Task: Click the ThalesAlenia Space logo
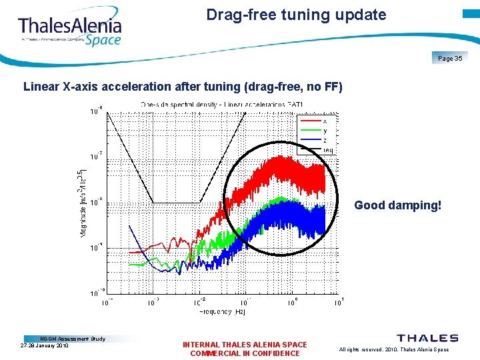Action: [70, 30]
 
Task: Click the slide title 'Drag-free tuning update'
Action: [296, 15]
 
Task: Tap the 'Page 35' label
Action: [450, 59]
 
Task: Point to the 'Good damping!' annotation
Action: [397, 205]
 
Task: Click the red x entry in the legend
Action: [317, 121]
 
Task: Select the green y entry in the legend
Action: [317, 131]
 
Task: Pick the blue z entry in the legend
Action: [317, 140]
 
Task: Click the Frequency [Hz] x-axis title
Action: [223, 312]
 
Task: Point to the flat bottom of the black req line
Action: [177, 202]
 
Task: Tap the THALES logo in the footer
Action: [427, 339]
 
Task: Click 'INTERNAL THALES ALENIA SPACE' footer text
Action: [245, 345]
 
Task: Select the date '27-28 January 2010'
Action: [45, 345]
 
